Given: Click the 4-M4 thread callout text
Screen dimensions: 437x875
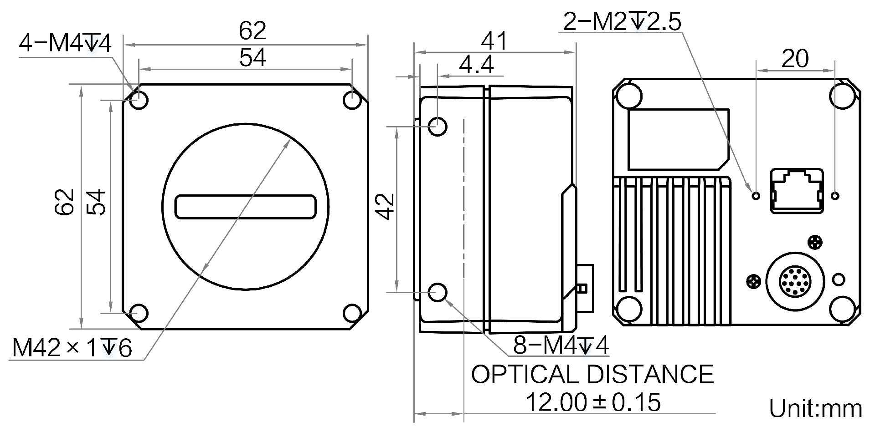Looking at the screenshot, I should coord(65,45).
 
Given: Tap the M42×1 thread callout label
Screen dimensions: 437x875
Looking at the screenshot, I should coord(72,348).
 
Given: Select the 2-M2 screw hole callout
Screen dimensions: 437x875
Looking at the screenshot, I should coord(622,21).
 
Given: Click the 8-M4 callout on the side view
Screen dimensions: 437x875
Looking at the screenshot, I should coord(561,345).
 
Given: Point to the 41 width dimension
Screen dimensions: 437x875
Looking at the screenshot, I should coord(494,41).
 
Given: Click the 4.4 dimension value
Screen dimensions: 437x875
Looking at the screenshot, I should coord(476,65).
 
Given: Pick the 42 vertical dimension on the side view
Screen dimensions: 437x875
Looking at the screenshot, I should coord(386,206).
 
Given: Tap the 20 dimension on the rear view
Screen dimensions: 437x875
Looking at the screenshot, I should coord(795,59).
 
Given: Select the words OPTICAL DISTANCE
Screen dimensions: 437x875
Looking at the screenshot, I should coord(592,375).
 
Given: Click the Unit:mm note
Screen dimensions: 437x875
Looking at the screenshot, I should coord(815,408).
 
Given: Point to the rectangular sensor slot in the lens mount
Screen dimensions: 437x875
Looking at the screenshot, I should coord(246,206).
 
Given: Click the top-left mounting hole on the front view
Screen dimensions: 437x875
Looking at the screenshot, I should coord(139,100).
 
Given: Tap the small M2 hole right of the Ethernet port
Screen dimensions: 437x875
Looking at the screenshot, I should coord(835,196).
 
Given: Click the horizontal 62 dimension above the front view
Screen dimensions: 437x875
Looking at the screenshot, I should coord(252,30).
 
